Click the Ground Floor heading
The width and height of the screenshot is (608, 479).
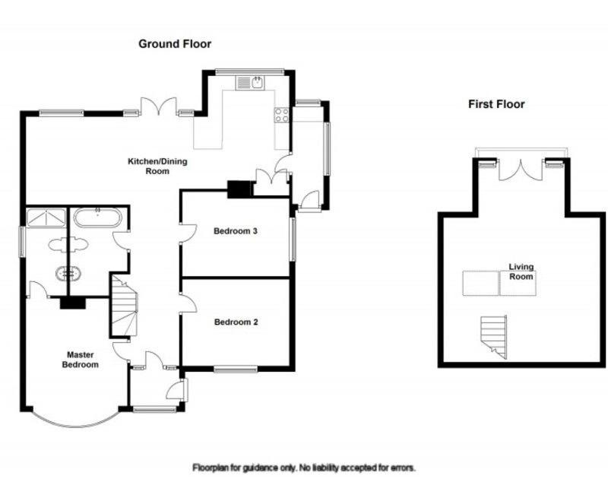175,44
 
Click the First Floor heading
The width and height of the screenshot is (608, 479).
496,104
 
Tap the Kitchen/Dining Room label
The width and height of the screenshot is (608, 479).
157,166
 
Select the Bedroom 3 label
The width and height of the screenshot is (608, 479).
236,231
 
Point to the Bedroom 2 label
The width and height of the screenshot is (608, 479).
236,322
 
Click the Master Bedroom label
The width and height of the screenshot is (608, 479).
81,360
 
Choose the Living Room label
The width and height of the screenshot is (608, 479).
521,271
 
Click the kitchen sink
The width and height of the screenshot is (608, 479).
250,83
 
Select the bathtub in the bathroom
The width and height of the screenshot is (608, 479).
98,217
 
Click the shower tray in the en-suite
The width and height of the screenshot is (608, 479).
46,217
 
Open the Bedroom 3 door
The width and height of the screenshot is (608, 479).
188,233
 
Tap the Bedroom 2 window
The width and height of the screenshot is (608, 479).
236,370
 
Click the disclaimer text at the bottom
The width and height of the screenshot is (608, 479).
304,468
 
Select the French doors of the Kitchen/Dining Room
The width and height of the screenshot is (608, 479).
158,106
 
